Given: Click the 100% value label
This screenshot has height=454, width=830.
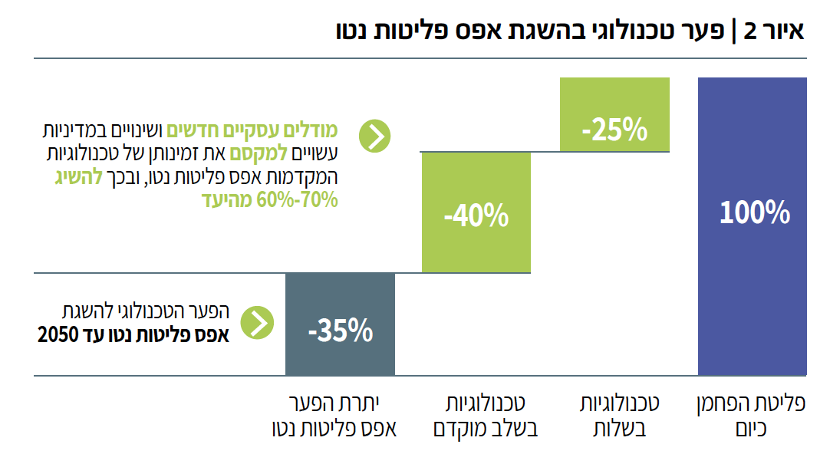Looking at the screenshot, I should click(x=754, y=212).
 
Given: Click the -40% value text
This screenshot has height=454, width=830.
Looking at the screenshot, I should click(x=476, y=217).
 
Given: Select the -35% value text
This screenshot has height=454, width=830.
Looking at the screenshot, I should click(x=340, y=331).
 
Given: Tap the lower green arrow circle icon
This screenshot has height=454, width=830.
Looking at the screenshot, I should click(x=257, y=323).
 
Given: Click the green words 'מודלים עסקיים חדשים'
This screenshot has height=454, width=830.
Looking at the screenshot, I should click(x=254, y=130).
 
